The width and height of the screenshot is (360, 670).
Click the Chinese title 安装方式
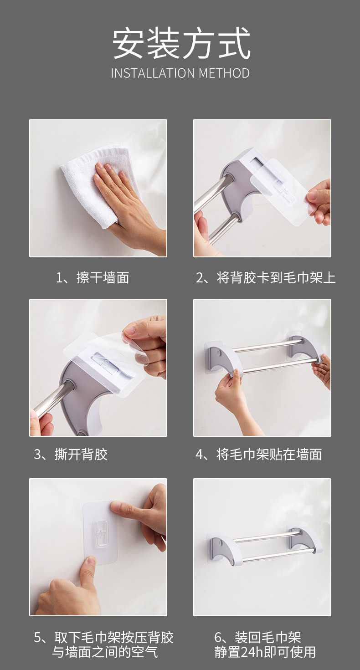point(181,43)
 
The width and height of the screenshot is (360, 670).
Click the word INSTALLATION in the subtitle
point(153,74)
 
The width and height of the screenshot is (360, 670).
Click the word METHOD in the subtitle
point(224,74)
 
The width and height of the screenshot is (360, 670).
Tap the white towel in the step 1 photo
point(90,183)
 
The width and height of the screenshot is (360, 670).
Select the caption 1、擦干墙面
point(93,277)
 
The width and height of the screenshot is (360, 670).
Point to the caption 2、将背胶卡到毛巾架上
point(266,277)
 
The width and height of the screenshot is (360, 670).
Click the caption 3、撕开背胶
point(71,455)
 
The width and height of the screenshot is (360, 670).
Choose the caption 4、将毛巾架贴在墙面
point(259,455)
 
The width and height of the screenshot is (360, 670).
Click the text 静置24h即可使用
point(265,652)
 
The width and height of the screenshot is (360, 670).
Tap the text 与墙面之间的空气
point(105,652)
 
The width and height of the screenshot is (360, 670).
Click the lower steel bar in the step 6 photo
point(278,555)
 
